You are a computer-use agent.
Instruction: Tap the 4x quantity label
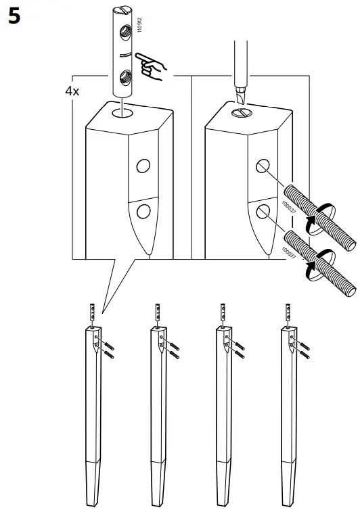click(x=72, y=91)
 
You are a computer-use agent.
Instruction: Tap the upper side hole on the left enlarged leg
click(x=143, y=166)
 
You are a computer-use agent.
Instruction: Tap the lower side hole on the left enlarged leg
click(x=143, y=212)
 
